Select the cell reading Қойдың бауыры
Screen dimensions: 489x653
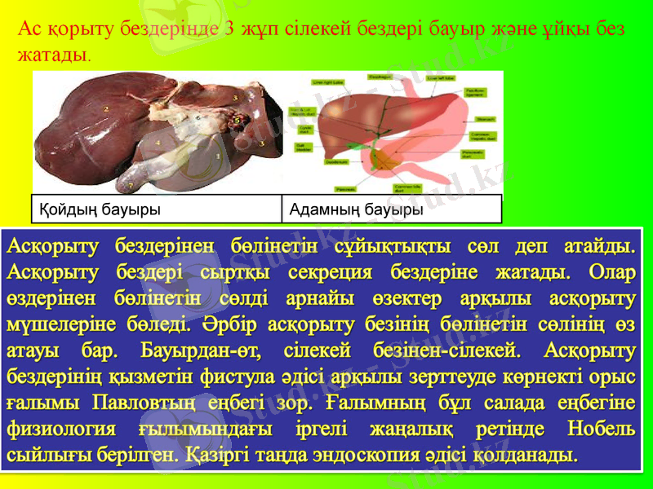coord(100,209)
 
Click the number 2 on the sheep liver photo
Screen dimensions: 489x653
coord(106,107)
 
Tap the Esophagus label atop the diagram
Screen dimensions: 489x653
coord(380,77)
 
